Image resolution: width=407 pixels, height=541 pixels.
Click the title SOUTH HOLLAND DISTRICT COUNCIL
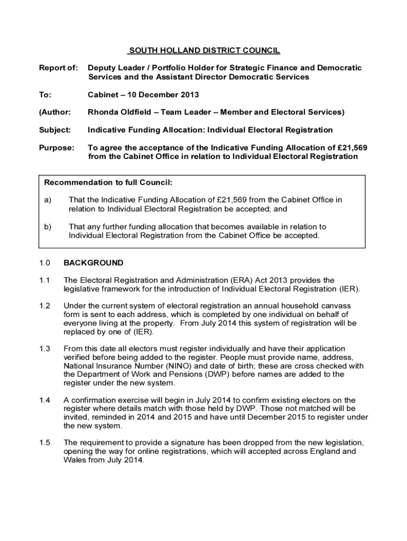pos(205,51)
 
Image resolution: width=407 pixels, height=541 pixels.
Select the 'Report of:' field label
pos(59,68)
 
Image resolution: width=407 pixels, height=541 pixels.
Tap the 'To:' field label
pos(46,95)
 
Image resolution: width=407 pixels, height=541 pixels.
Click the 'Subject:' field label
pos(55,130)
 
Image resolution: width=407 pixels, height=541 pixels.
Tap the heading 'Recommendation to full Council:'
pos(108,183)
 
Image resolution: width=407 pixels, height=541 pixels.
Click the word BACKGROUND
pos(93,263)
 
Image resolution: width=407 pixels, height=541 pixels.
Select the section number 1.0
pos(44,263)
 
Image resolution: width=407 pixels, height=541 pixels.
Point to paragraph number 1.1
pos(44,280)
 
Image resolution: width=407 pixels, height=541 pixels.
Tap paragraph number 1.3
pos(44,349)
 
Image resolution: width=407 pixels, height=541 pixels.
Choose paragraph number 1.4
pos(44,400)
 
